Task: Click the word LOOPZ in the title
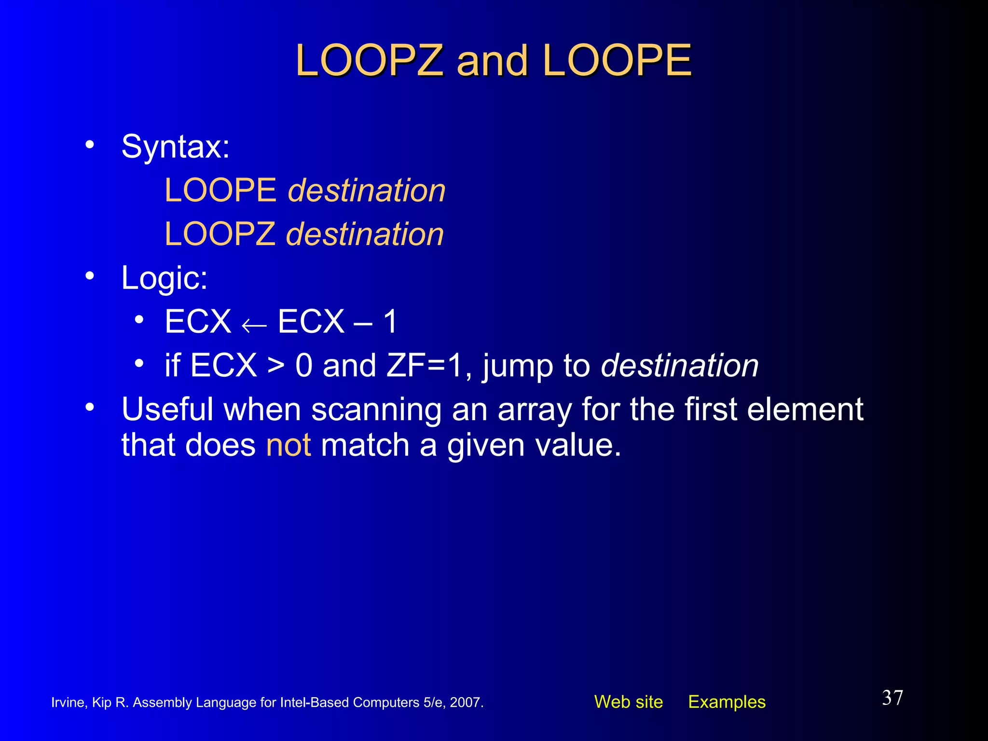pos(370,61)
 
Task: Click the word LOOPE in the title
pos(617,61)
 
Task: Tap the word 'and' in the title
pos(492,62)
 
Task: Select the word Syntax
pos(175,147)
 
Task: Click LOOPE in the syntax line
pos(220,190)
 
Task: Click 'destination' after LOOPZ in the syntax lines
pos(365,234)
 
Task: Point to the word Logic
pos(164,278)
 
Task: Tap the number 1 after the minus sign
pos(390,322)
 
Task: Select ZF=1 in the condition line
pos(425,366)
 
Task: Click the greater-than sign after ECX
pos(275,366)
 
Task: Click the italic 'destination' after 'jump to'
pos(680,366)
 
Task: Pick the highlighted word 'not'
pos(288,445)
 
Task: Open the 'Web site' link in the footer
pos(628,702)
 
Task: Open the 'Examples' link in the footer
pos(727,702)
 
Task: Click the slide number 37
pos(892,698)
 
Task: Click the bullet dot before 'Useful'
pos(90,408)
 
